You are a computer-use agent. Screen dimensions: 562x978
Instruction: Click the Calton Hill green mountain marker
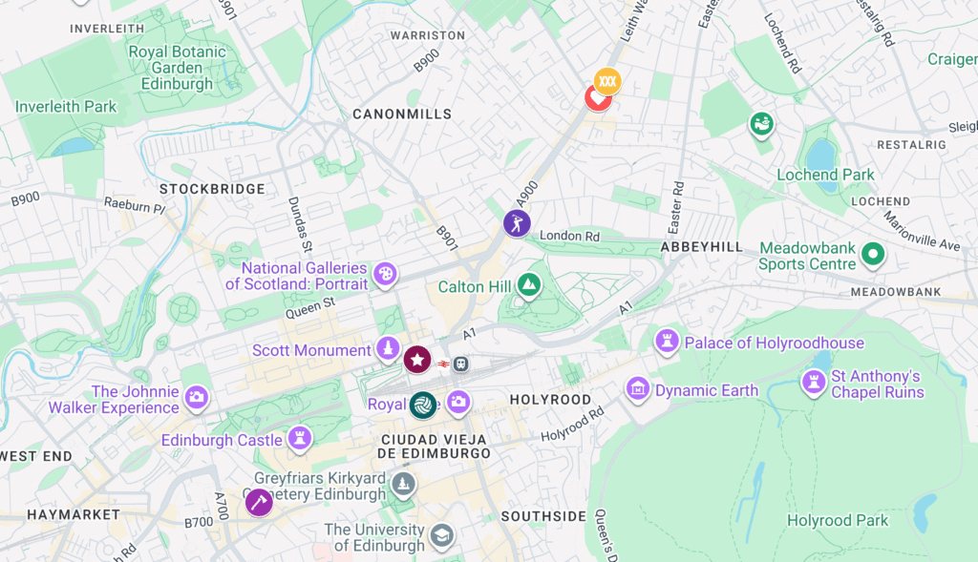click(528, 284)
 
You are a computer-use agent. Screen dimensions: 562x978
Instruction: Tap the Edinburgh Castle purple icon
click(301, 439)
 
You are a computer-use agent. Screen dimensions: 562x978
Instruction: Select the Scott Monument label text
click(311, 350)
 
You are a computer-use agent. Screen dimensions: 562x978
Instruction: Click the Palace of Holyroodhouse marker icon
click(667, 341)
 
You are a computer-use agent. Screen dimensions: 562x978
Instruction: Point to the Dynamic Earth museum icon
click(637, 388)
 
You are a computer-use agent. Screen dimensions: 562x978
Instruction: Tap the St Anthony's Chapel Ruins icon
click(814, 384)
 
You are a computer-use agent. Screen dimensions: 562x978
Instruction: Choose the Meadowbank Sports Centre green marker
click(871, 255)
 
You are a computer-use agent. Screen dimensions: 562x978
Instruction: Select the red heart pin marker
click(597, 97)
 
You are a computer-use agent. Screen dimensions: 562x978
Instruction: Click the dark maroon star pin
click(417, 360)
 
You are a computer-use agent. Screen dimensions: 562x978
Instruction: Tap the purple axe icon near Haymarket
click(259, 502)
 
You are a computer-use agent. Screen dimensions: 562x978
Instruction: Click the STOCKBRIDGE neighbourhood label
click(212, 189)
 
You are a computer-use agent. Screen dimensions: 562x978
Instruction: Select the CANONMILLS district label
click(402, 114)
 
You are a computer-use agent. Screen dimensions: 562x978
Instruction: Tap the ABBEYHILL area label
click(701, 246)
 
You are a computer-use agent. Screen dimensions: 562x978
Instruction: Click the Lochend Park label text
click(825, 175)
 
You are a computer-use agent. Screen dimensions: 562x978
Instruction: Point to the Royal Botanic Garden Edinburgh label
click(177, 68)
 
